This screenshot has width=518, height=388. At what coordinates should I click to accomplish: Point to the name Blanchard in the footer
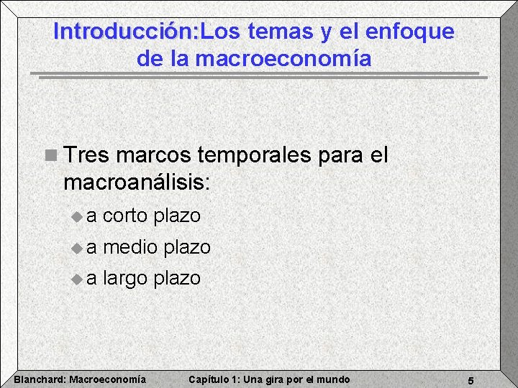coord(40,379)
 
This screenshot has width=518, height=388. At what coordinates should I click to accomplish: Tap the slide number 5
coord(470,379)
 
